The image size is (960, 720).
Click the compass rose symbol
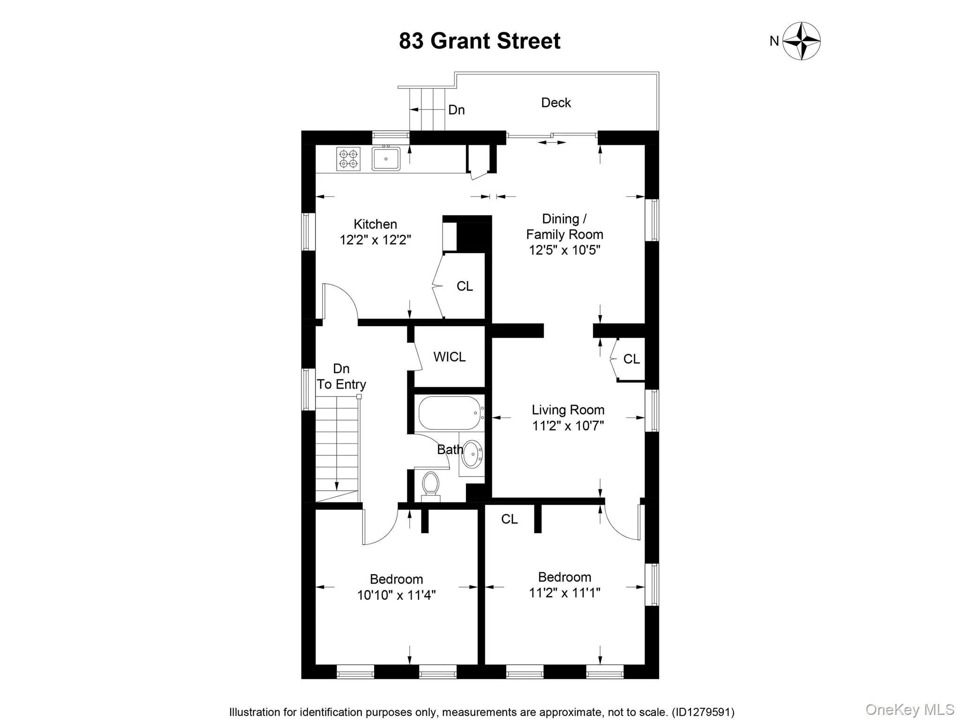pos(802,41)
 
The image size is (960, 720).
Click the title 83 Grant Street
pos(480,41)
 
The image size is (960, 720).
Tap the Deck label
pos(556,103)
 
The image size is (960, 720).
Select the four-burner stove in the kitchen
pos(348,158)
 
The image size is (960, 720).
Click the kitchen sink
pos(386,159)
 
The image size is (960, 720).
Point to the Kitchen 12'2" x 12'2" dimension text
pos(375,240)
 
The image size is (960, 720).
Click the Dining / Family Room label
pos(564,226)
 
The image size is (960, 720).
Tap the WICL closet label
pos(450,357)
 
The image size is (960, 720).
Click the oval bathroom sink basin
pos(472,453)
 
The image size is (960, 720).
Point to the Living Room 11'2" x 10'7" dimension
pos(568,426)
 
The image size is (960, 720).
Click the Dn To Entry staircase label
pos(341,376)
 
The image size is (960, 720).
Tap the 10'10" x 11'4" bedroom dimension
pos(396,595)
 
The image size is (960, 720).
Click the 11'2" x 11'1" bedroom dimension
pos(564,593)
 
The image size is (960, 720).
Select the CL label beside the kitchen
pos(465,286)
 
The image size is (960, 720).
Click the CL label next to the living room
pos(631,359)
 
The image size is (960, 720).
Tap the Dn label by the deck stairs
pos(456,110)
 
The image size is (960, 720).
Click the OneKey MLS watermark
pos(909,709)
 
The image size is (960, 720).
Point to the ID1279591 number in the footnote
pos(703,712)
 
